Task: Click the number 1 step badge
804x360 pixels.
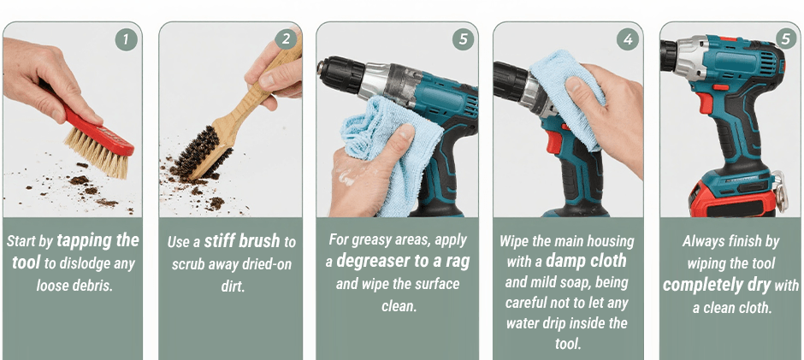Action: point(126,39)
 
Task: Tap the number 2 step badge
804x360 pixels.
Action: point(286,39)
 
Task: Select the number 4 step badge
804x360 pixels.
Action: point(628,39)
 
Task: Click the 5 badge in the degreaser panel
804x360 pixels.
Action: point(463,39)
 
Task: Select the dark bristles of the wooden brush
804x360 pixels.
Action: point(202,152)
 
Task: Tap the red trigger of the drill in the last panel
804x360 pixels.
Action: point(706,103)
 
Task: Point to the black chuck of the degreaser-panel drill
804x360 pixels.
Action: point(340,74)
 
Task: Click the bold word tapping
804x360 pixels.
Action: point(98,240)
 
